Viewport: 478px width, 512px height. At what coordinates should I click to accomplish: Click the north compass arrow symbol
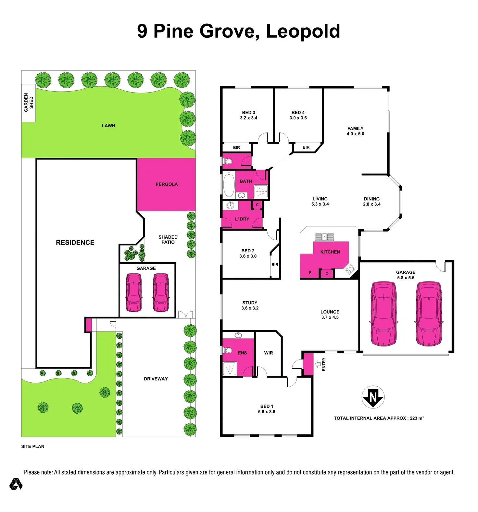[373, 397]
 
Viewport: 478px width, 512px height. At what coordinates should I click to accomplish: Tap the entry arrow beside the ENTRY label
[318, 364]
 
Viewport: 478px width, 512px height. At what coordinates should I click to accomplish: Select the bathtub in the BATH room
[229, 185]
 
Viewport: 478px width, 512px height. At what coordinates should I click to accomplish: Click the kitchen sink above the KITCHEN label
[324, 237]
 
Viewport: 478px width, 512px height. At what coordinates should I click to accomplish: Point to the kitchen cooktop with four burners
[350, 269]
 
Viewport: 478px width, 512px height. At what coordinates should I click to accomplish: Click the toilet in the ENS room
[227, 350]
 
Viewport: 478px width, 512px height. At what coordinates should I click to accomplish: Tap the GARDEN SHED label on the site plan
[29, 103]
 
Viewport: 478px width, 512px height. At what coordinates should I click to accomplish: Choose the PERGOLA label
[167, 184]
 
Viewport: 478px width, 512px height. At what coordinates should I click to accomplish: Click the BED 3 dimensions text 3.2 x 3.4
[248, 118]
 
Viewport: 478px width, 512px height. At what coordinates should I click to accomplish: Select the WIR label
[269, 353]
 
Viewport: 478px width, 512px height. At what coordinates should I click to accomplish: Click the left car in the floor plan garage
[384, 314]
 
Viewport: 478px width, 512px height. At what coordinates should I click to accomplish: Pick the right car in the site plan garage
[161, 293]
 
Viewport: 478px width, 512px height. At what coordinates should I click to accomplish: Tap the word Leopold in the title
[303, 31]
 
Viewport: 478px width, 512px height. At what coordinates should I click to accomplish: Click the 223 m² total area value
[417, 418]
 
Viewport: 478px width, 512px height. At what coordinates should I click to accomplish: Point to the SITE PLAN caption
[33, 446]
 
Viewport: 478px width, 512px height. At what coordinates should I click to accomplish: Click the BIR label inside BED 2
[275, 265]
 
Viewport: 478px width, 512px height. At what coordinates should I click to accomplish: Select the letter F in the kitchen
[310, 273]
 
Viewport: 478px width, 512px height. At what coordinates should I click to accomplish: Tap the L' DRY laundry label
[242, 219]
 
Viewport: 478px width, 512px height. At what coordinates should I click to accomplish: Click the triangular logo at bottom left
[16, 484]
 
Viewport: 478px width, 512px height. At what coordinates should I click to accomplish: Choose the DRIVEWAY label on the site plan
[156, 379]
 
